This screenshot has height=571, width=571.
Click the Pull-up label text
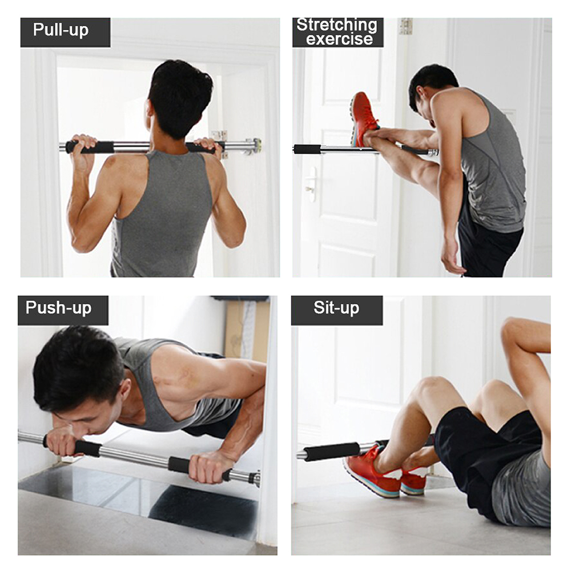(x=61, y=30)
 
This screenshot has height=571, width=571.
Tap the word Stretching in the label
(x=337, y=25)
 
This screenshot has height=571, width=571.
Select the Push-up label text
(x=58, y=308)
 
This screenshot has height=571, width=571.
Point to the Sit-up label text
(x=336, y=308)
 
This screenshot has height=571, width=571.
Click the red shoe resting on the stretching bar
(x=363, y=119)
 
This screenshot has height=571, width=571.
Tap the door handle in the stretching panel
(x=311, y=184)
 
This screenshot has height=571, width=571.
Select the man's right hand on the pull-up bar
(x=209, y=147)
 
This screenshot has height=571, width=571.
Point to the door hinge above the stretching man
(x=405, y=26)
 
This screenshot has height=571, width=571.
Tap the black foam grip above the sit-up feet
(x=331, y=451)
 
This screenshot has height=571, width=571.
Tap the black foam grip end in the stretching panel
(x=307, y=149)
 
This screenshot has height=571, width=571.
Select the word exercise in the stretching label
(x=339, y=39)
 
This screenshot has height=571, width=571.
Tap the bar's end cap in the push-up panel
(x=256, y=478)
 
